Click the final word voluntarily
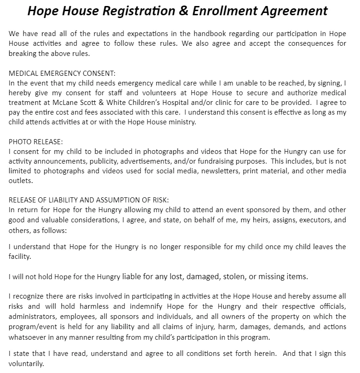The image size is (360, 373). pos(26,363)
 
